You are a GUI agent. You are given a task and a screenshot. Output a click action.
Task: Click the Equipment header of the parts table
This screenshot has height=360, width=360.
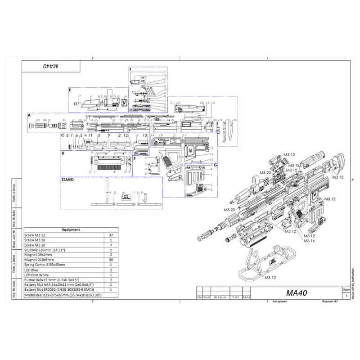[x=71, y=229]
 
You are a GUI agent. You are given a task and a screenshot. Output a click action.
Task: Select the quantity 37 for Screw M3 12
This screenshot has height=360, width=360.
[x=111, y=235]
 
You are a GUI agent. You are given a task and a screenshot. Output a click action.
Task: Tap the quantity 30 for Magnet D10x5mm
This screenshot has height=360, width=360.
[x=111, y=260]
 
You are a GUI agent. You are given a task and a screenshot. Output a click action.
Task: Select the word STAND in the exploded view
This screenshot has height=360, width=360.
[x=67, y=180]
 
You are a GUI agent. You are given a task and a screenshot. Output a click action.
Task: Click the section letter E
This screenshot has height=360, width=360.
[x=70, y=90]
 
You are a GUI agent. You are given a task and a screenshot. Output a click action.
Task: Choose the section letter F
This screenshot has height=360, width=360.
[x=130, y=69]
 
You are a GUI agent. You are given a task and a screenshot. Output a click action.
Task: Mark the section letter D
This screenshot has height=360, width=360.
[x=63, y=153]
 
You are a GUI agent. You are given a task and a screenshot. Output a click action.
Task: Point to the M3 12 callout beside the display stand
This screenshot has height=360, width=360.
[x=270, y=278]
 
